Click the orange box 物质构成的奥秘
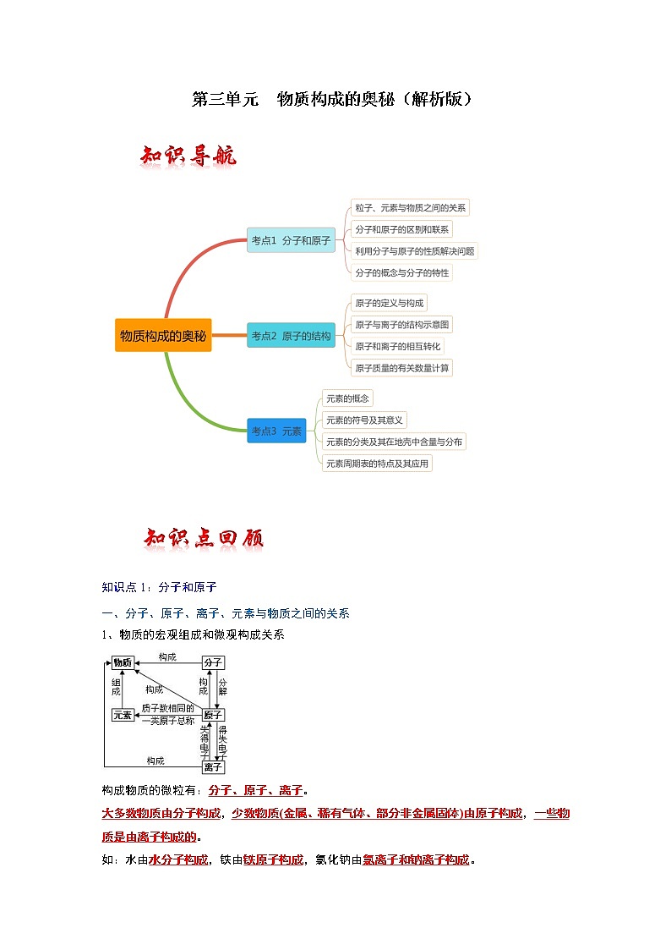[163, 336]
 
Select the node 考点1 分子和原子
[291, 240]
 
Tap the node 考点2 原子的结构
[291, 336]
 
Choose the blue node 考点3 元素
[276, 431]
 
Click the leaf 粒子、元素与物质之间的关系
[410, 208]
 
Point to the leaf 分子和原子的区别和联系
[402, 229]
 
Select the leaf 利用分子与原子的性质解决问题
[414, 250]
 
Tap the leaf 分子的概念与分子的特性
[402, 272]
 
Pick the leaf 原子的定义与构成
[390, 303]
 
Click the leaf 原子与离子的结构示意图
[402, 324]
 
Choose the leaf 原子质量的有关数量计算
[402, 367]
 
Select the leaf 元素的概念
[347, 398]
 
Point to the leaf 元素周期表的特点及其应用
[377, 463]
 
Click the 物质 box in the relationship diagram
[123, 662]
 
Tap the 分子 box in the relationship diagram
[212, 662]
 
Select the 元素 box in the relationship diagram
[123, 715]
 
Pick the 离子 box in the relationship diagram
[213, 766]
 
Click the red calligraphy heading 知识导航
[188, 157]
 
